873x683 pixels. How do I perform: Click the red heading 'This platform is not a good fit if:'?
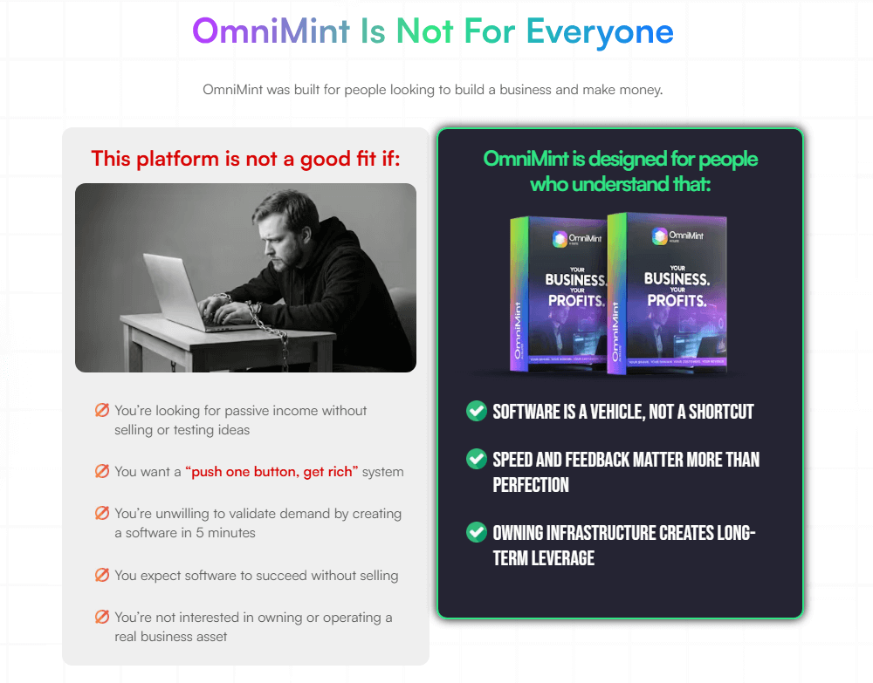point(245,158)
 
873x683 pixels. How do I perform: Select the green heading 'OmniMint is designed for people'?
point(620,159)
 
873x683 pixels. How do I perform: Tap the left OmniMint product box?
point(559,293)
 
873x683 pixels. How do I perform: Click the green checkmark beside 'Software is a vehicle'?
point(476,411)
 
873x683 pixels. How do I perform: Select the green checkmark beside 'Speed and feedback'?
point(476,459)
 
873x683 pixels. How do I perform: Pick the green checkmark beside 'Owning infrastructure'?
point(476,531)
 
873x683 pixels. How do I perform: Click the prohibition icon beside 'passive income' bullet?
point(102,410)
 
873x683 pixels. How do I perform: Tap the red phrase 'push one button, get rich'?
point(272,472)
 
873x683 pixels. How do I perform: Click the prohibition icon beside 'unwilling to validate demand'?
point(102,514)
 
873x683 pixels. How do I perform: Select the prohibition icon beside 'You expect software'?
point(102,575)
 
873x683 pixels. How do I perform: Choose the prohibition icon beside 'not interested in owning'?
point(102,617)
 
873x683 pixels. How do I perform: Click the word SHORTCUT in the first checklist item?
point(721,412)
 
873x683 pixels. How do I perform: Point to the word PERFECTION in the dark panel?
point(531,485)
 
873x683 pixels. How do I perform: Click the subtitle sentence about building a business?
point(433,90)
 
